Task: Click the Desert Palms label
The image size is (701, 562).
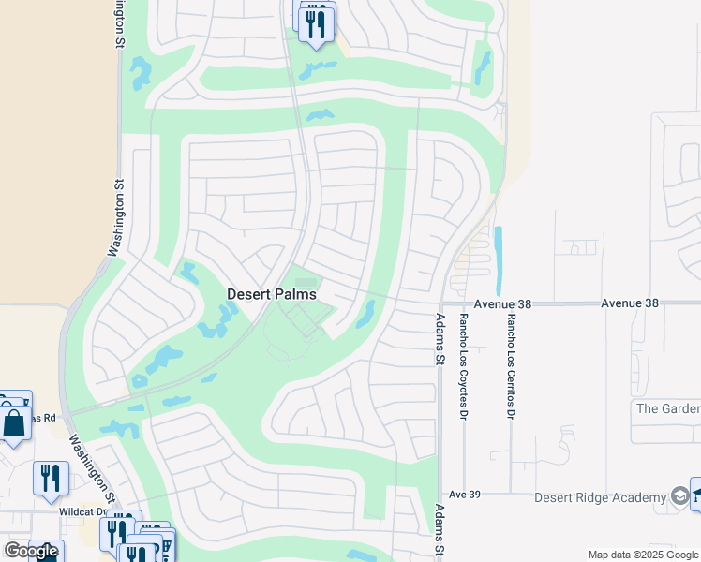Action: point(272,294)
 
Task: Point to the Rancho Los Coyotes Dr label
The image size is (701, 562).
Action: point(463,366)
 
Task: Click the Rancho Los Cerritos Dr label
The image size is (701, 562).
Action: point(512,366)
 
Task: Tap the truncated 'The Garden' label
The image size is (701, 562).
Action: point(667,408)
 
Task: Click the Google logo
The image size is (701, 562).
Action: point(32,551)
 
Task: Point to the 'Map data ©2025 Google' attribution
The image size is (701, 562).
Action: point(644,555)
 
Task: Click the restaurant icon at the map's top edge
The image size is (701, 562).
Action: point(316,22)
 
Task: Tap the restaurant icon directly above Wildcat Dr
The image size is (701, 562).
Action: point(51,478)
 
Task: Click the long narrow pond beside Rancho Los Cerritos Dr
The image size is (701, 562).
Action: point(498,260)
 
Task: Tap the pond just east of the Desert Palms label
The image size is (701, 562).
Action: point(365,315)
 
